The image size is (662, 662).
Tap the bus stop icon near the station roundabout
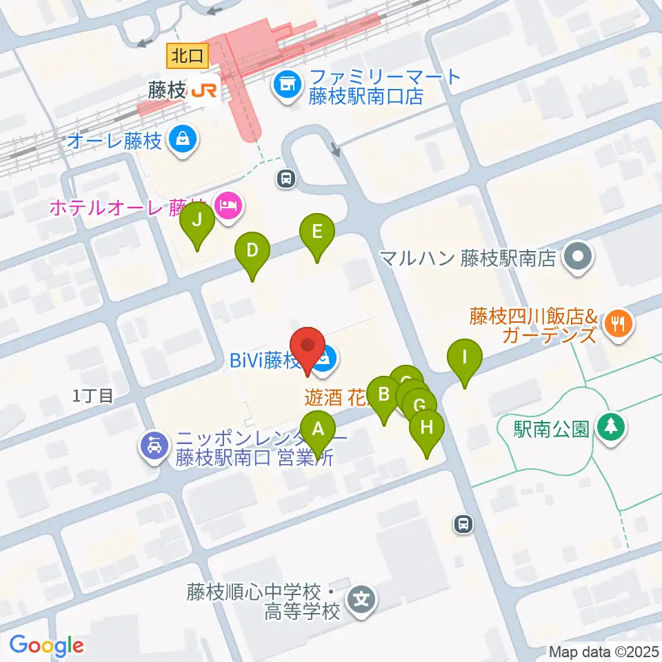tap(285, 179)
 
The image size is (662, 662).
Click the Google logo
tap(46, 645)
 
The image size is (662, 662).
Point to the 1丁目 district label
tap(92, 395)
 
